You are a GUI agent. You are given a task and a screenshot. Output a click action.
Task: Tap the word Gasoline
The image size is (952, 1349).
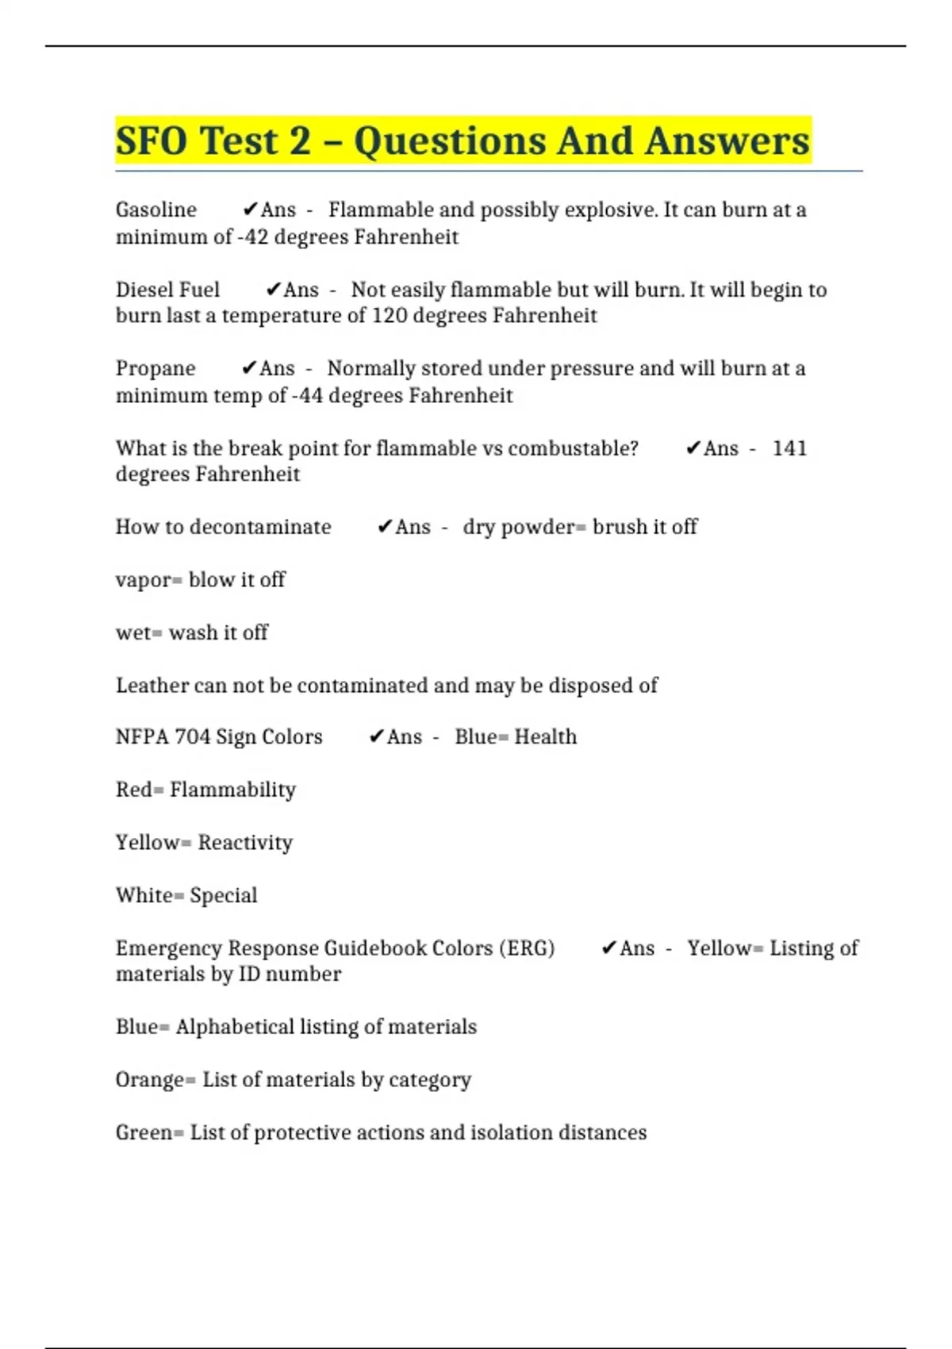point(156,209)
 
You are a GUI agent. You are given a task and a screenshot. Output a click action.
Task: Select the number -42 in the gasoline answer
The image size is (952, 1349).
point(253,237)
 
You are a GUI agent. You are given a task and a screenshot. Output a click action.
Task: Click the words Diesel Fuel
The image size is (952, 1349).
point(167,290)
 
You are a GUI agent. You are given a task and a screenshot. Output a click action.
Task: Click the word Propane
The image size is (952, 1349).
point(155,368)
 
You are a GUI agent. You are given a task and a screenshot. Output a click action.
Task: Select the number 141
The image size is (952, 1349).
point(789,448)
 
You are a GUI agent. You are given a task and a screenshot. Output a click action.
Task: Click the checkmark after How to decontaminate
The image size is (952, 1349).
point(384,527)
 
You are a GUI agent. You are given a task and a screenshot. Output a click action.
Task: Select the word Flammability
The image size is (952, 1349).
point(232,790)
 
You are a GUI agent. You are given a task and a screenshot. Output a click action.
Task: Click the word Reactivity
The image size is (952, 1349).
point(245,842)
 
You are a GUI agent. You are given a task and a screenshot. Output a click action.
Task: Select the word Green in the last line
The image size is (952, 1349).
point(144,1132)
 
